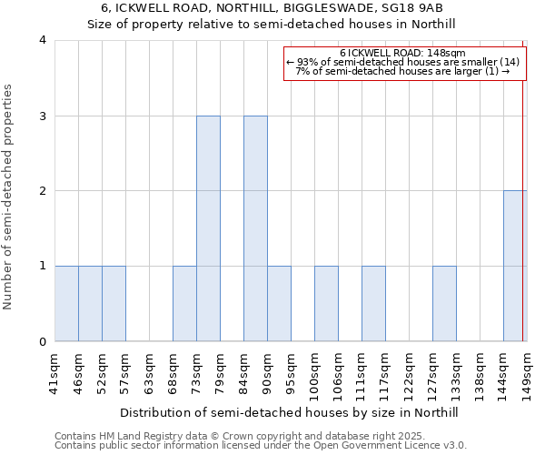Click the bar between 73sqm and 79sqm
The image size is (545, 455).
208,228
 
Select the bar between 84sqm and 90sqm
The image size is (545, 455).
255,228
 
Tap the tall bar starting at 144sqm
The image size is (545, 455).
514,266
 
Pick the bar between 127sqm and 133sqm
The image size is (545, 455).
444,304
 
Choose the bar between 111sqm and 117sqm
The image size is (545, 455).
373,304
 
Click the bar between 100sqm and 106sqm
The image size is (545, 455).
326,304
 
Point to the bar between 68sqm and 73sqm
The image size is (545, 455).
184,304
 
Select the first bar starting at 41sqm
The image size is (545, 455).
66,304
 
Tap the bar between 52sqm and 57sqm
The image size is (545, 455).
114,304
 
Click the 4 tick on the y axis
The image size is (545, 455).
43,40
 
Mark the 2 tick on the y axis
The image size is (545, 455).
43,191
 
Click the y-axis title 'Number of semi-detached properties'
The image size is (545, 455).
9,197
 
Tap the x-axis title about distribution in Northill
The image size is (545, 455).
289,412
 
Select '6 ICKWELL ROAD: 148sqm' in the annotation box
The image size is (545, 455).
403,53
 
